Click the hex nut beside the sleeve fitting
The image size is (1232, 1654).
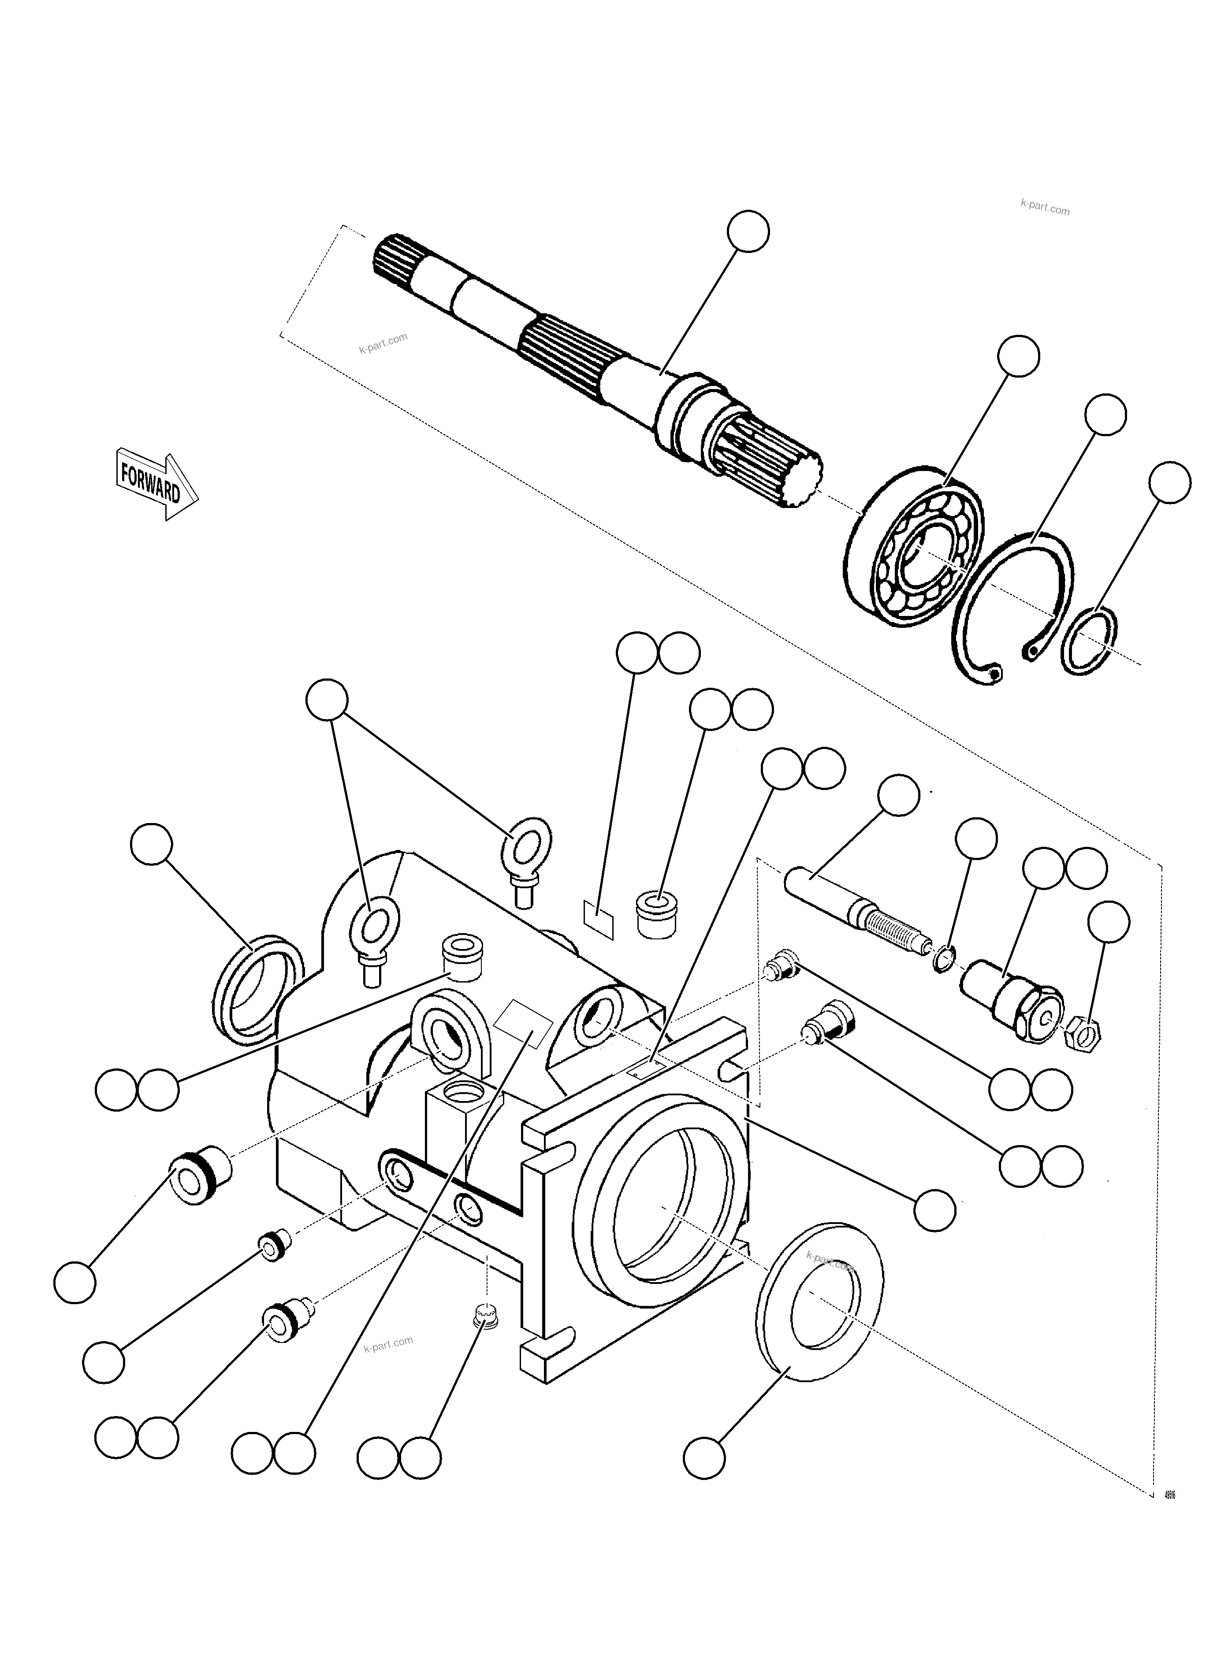click(x=1090, y=1034)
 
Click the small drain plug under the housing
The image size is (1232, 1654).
click(x=485, y=1316)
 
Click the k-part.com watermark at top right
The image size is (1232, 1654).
click(x=1044, y=209)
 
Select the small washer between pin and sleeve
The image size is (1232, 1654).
click(x=943, y=958)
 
